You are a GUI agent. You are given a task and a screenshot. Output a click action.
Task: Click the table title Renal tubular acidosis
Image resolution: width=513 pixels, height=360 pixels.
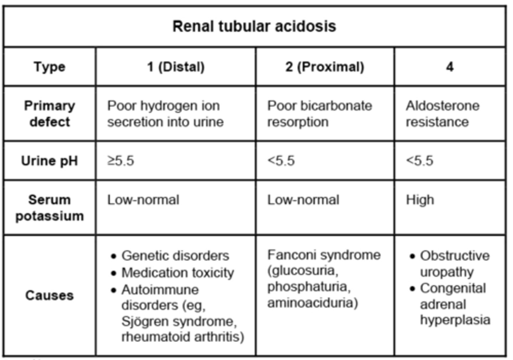(254, 26)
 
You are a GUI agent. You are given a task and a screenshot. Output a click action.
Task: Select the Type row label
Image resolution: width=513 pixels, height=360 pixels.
(50, 67)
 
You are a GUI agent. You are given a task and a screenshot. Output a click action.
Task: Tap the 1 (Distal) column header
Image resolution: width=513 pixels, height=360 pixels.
(176, 67)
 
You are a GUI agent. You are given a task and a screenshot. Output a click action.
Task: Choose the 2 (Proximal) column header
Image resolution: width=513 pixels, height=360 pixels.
(325, 67)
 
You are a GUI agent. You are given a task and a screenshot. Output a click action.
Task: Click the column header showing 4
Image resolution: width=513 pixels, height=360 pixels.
(450, 67)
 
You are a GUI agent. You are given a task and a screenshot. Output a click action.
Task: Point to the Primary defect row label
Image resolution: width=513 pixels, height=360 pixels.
(50, 114)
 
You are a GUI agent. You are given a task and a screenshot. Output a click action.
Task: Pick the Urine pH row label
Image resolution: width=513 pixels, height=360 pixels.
(50, 161)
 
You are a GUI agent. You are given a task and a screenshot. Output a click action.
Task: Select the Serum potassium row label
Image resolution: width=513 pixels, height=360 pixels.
(50, 208)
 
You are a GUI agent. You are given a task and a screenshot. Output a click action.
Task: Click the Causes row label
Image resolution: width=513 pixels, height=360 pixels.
(50, 295)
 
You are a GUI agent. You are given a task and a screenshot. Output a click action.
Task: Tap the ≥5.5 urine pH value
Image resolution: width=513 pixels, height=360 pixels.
(121, 161)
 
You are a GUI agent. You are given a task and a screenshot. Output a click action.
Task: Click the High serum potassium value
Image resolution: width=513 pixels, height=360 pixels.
(420, 200)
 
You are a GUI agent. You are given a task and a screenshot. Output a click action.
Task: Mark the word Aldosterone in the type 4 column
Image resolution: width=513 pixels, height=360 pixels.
(442, 106)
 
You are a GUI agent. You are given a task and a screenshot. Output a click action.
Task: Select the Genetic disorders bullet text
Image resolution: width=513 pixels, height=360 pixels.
(175, 256)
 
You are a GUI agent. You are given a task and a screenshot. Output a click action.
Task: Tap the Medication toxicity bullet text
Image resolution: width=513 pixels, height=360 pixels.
(177, 273)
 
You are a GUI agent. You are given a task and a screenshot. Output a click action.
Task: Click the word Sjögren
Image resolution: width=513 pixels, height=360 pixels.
(144, 321)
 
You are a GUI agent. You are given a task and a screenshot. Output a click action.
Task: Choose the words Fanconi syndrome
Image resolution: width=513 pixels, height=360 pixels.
(324, 255)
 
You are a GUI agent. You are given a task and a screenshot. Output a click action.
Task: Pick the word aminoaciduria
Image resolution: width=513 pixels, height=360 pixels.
(312, 303)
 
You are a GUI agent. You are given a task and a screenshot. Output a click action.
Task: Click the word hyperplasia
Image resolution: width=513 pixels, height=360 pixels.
(455, 320)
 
